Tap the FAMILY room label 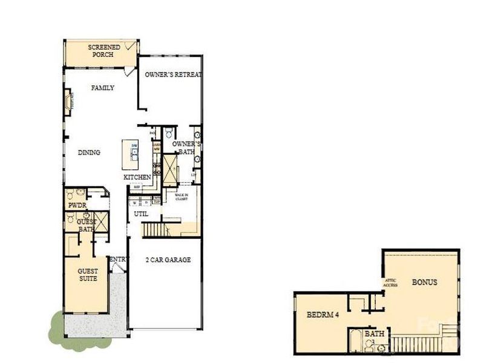tap(102, 88)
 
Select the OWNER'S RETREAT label tap(172, 75)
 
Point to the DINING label tap(89, 153)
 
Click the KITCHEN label tap(137, 177)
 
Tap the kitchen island tap(130, 155)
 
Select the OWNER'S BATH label tap(185, 148)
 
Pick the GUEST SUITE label tap(88, 275)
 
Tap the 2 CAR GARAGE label tap(168, 260)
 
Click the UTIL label tap(141, 214)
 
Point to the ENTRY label tap(119, 260)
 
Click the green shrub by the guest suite tap(57, 325)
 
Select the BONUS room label tap(424, 283)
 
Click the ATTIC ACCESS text tap(390, 283)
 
